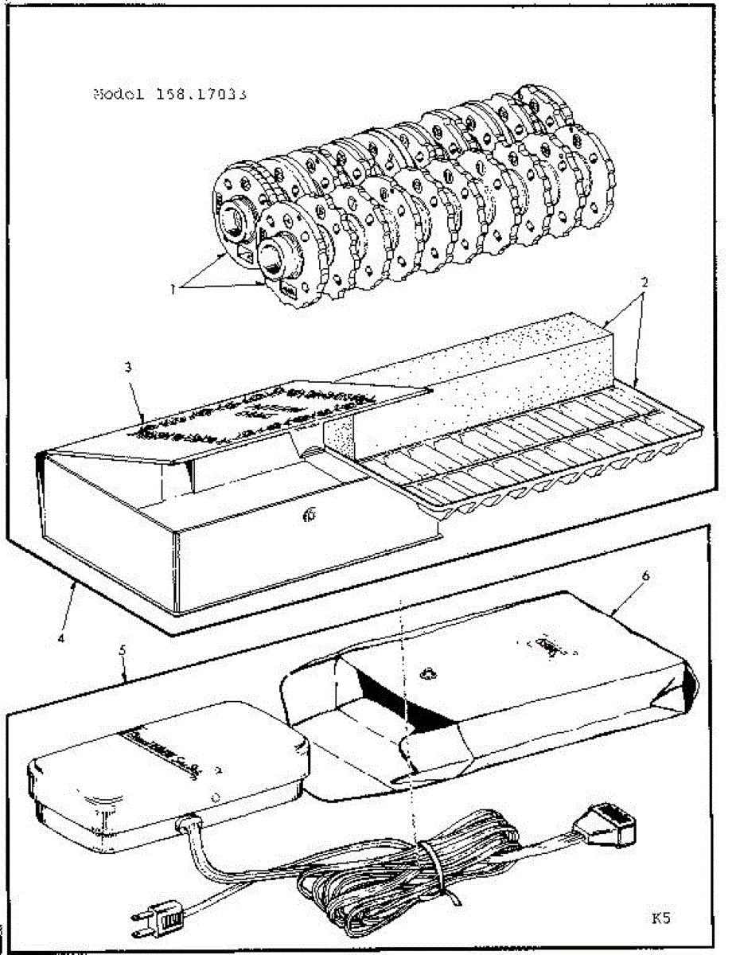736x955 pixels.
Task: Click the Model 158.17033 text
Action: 169,93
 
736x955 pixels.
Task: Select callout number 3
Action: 127,368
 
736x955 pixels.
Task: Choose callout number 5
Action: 123,650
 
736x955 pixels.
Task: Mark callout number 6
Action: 645,577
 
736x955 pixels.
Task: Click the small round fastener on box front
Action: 310,516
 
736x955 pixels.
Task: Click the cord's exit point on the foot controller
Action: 189,824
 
